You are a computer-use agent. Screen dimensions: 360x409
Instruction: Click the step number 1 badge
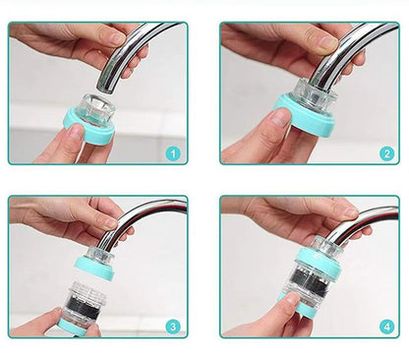[173, 153]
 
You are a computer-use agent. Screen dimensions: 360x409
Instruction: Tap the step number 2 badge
[385, 153]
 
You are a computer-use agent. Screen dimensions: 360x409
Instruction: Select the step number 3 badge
[173, 326]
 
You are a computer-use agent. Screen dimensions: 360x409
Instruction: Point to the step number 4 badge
[385, 326]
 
